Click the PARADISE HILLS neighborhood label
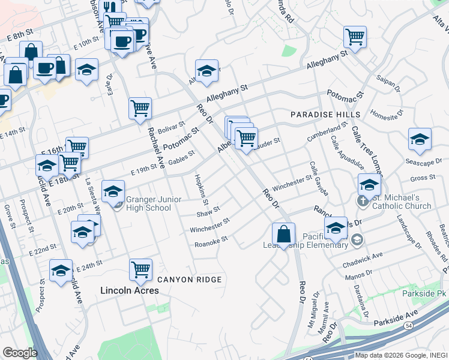point(325,114)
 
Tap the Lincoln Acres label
point(129,290)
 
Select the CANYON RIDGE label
point(190,280)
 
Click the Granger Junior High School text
point(149,203)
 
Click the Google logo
point(20,353)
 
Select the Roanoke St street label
point(211,241)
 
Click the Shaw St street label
point(209,212)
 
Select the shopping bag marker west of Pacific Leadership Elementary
point(283,233)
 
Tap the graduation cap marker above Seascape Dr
point(420,139)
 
